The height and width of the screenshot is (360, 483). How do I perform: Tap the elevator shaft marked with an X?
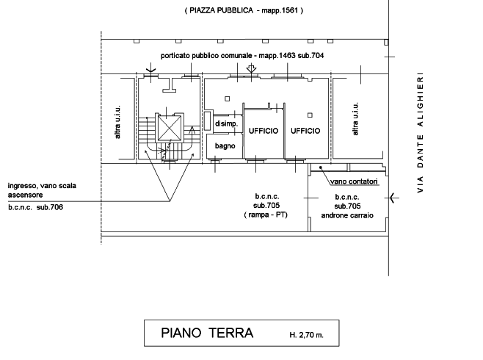coord(169,129)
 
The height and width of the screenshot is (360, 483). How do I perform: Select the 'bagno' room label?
coord(225,145)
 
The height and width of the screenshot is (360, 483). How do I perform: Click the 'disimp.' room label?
coord(226,124)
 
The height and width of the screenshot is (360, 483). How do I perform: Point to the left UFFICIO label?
coord(264,131)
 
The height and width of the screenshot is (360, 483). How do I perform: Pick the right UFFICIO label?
coord(305,131)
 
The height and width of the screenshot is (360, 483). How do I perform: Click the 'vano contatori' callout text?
coord(354,181)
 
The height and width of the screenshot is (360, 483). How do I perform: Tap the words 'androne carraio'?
coord(347,215)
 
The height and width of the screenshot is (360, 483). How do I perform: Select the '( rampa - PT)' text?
coord(266,215)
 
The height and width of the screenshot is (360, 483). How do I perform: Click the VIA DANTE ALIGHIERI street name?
coord(420,132)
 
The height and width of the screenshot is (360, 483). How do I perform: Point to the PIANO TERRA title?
coord(207,333)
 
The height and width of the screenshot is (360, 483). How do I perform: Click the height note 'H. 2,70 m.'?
coord(307,335)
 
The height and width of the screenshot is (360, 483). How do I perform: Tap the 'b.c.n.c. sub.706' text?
coord(35,207)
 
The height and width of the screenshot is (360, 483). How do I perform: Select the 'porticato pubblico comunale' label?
coord(206,56)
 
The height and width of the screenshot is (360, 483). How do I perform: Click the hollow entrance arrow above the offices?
coord(252,68)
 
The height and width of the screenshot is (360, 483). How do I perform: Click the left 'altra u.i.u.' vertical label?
coord(117,122)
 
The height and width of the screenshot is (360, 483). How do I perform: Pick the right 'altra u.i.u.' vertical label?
coord(355,119)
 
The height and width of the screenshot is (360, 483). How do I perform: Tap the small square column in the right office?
coord(310,115)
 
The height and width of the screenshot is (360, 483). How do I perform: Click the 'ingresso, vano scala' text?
coord(42,186)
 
